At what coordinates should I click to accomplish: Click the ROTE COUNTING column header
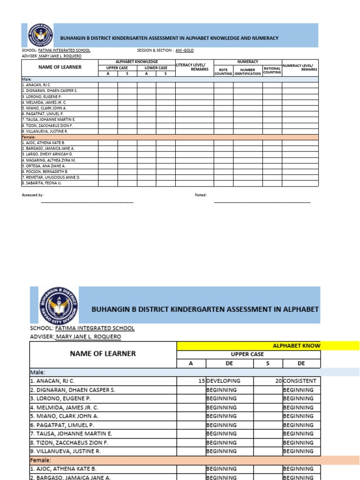point(223,72)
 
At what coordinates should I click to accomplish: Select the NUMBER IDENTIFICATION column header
point(247,72)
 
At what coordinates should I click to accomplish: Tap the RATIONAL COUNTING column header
point(272,70)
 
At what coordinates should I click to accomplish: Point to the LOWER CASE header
point(156,68)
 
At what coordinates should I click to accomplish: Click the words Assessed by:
point(33,195)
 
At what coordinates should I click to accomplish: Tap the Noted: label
point(201,195)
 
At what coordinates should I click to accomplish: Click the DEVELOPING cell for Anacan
point(223,381)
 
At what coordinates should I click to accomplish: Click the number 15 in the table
point(201,381)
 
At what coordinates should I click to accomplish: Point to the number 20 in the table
point(278,381)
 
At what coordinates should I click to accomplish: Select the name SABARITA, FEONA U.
point(42,183)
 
